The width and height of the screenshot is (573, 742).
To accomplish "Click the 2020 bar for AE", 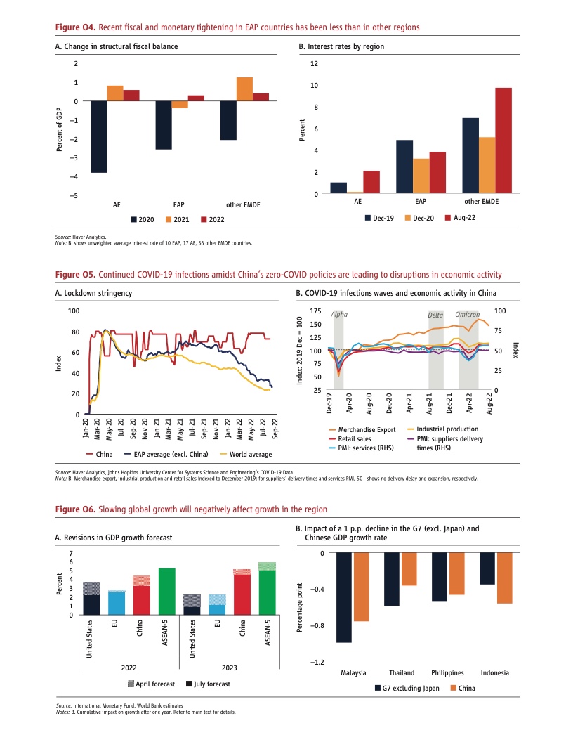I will pos(99,136).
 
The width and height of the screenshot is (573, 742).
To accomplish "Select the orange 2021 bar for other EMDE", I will pos(244,89).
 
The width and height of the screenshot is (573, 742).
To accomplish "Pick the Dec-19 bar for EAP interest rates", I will pos(404,167).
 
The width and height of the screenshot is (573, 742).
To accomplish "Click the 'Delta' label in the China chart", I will pos(436,315).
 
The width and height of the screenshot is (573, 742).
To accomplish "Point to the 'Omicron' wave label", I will pos(468,315).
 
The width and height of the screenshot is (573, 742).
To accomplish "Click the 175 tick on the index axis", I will pos(315,311).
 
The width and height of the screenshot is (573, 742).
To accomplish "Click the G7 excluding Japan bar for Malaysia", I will pos(343,597).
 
